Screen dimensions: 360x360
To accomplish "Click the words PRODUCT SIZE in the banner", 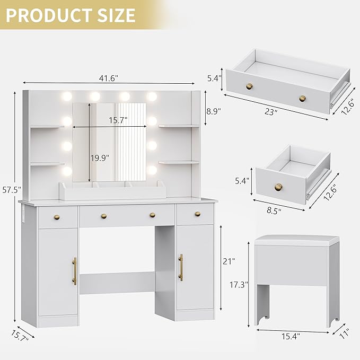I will point(71,14).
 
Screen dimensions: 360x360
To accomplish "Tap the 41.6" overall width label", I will point(108,77).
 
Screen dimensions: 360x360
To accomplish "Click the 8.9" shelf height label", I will point(213,111).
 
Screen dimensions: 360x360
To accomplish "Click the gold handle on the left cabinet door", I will point(75,270).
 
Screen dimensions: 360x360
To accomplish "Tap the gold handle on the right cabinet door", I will point(181,267).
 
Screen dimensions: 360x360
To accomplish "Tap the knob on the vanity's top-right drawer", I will point(197,214).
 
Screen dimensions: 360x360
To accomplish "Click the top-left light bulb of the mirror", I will point(67,96).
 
